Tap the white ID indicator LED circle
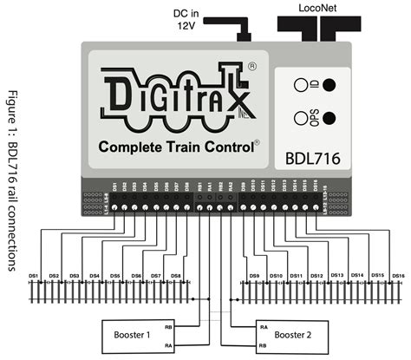(298, 86)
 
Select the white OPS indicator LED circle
(298, 117)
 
